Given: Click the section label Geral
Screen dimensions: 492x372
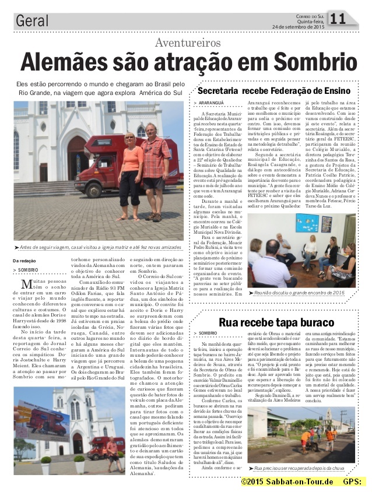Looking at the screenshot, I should pos(32,22).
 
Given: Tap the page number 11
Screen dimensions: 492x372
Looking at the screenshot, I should pos(338,20).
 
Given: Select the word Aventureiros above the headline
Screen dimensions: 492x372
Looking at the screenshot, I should pos(188,43).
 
